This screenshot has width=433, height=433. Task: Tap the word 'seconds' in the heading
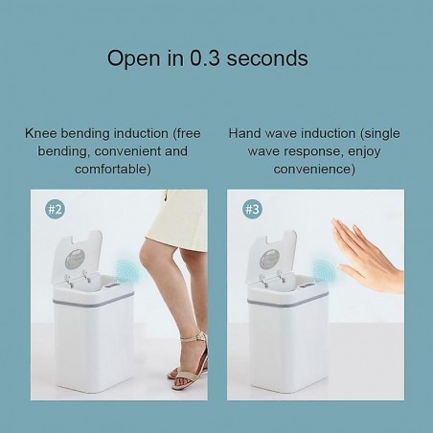click(x=267, y=58)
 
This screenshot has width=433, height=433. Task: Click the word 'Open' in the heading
click(x=133, y=58)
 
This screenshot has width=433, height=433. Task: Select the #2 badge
click(x=55, y=210)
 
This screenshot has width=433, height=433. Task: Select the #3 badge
click(x=252, y=210)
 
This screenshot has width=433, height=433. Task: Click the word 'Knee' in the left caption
click(x=41, y=133)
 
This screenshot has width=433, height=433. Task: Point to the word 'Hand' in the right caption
click(x=244, y=133)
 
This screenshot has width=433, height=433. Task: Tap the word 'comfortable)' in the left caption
click(x=113, y=169)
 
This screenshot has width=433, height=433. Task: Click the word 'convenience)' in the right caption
click(x=314, y=169)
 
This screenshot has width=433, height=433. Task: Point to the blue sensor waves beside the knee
click(x=126, y=271)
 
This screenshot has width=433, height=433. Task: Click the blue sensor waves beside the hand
click(x=323, y=271)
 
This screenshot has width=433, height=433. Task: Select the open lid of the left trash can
click(x=77, y=256)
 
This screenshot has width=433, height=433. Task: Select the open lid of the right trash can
click(x=272, y=256)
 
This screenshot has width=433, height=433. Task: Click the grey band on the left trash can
click(x=93, y=302)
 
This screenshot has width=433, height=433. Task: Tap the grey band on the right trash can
click(x=288, y=302)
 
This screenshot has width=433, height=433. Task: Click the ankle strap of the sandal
click(x=194, y=337)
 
